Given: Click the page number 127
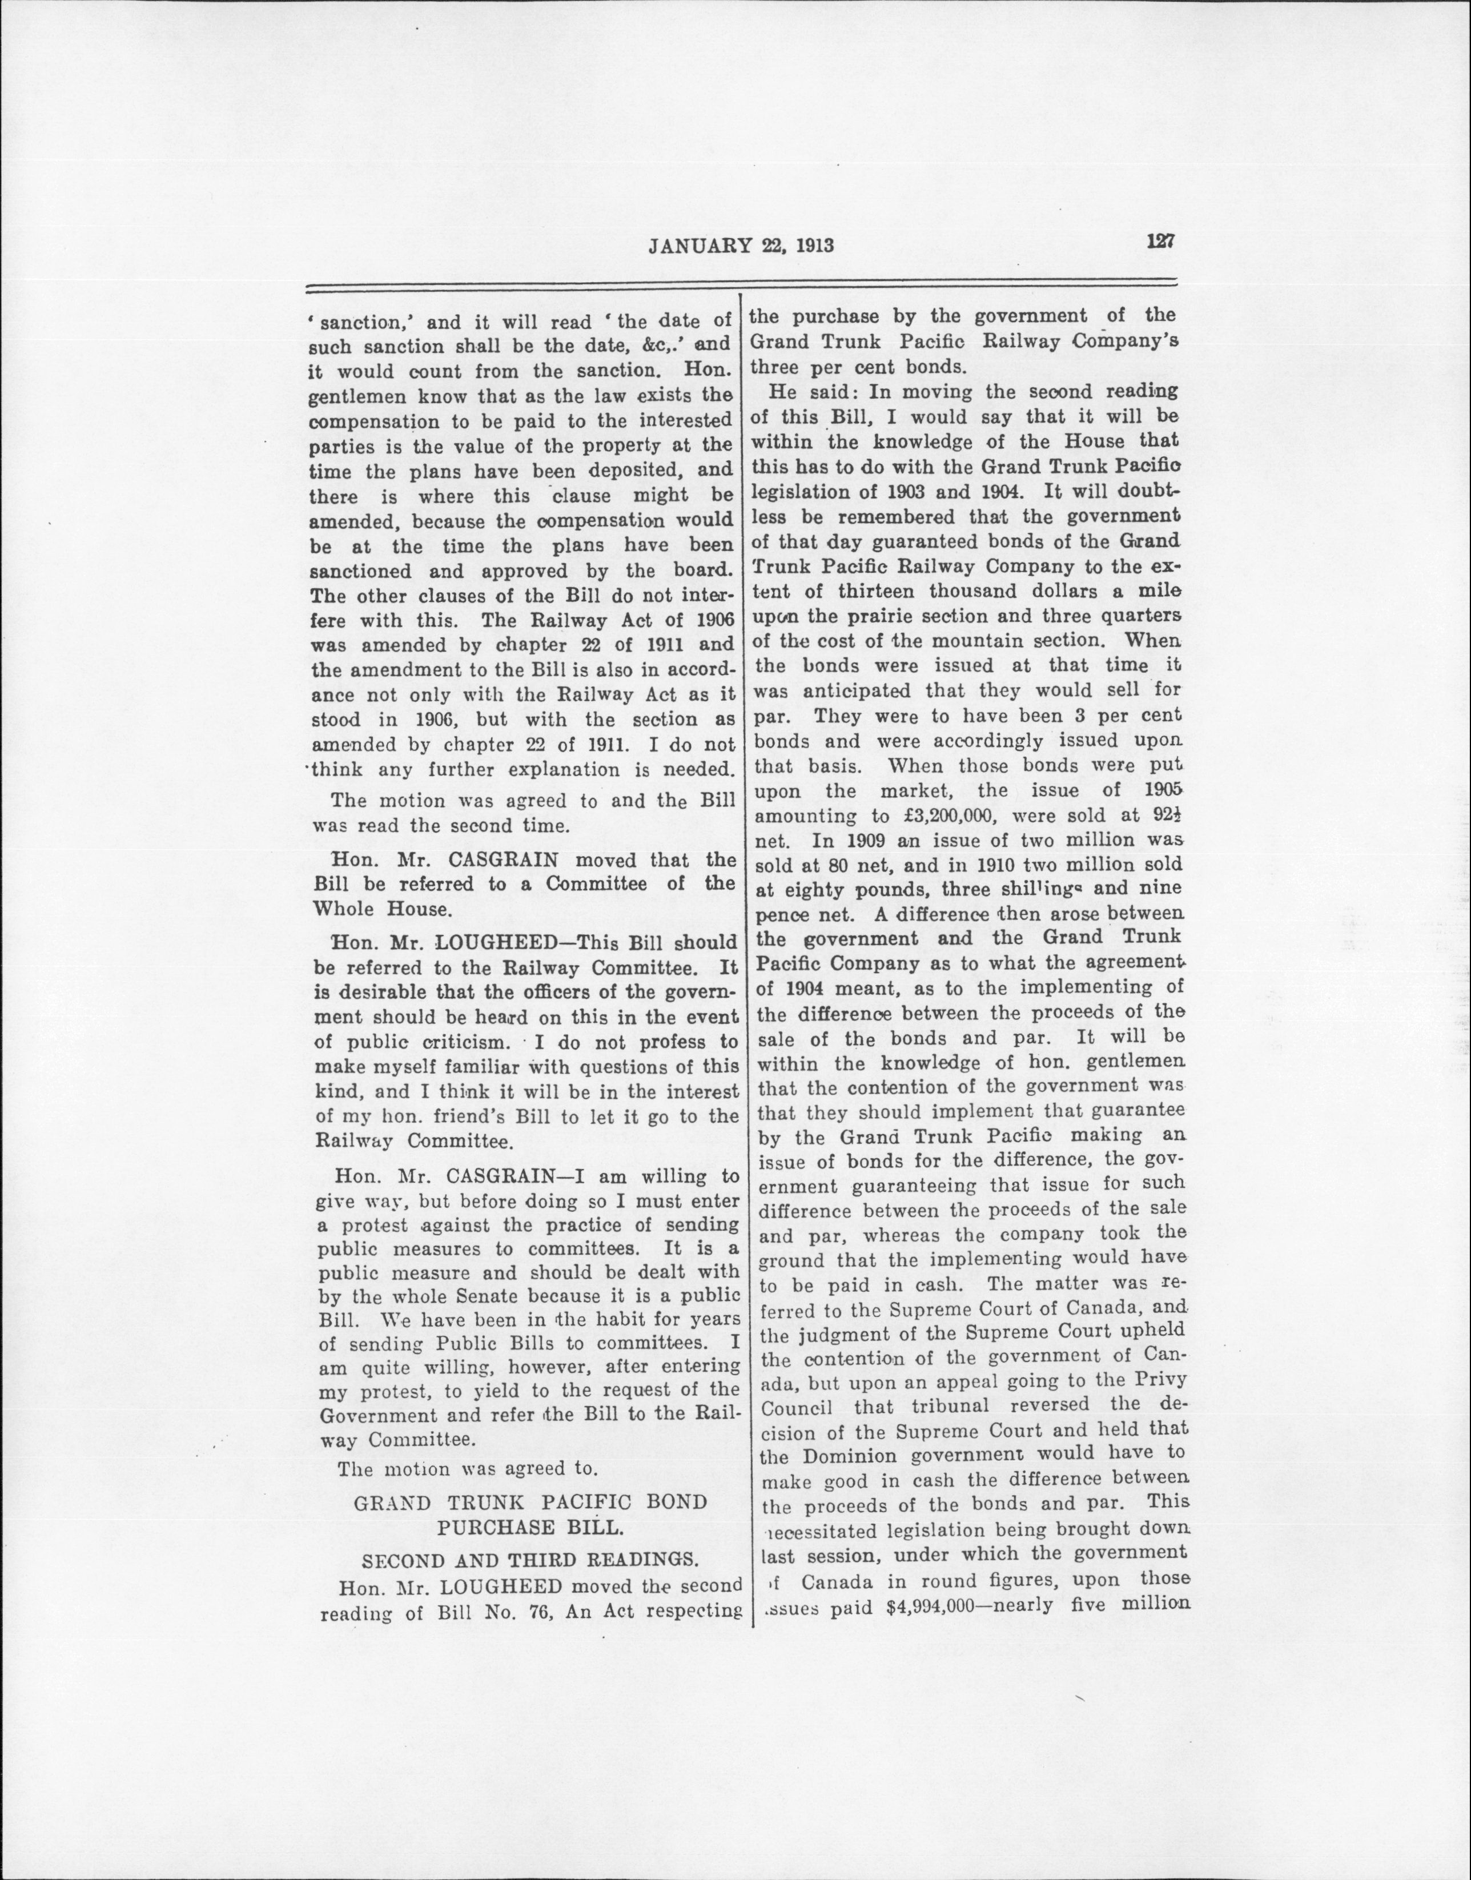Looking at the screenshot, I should point(1160,242).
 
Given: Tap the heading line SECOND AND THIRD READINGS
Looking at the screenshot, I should point(529,1560).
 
